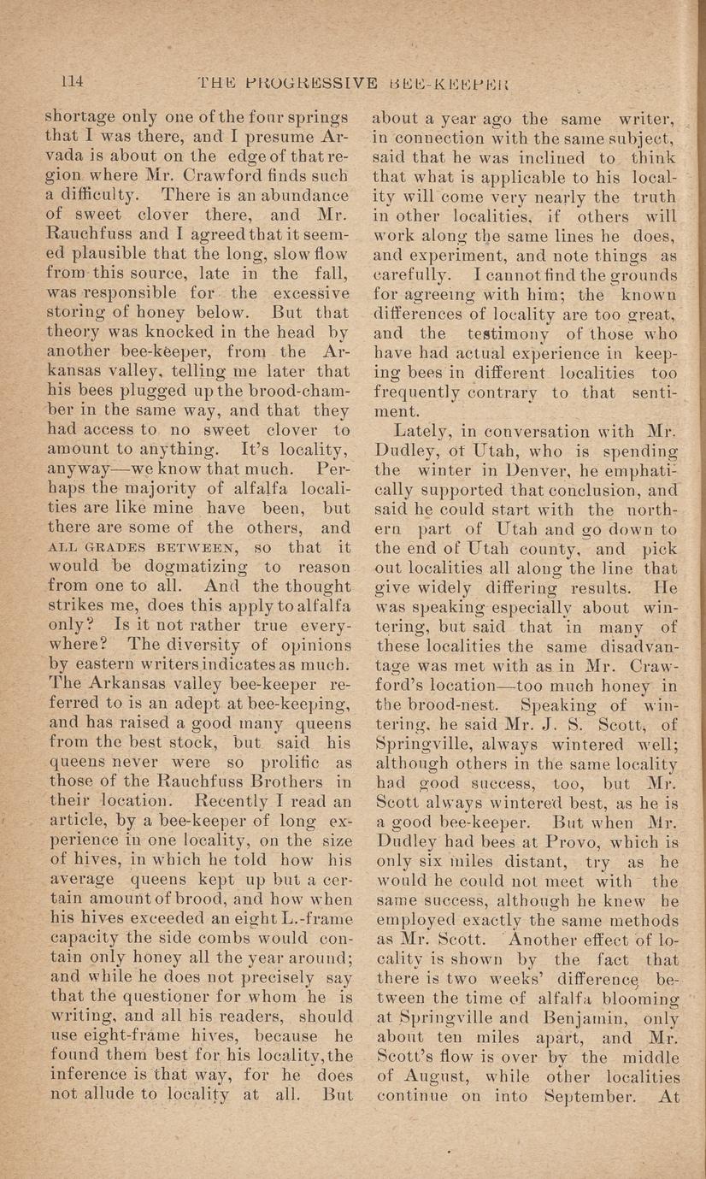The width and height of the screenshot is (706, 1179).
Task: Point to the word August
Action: pyautogui.click(x=429, y=1077)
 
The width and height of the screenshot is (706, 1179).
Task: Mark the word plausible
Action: pyautogui.click(x=106, y=274)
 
